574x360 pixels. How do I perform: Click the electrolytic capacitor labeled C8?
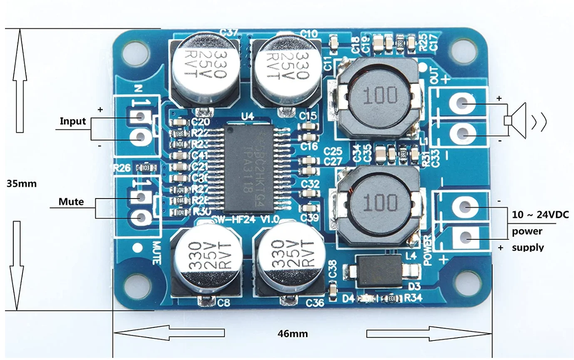(x=206, y=260)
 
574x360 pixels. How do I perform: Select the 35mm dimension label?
(x=22, y=184)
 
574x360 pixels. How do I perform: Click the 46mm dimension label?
(x=293, y=333)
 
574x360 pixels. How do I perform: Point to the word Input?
(x=72, y=121)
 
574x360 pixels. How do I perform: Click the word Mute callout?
(x=71, y=202)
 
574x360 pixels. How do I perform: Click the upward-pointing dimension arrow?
(x=20, y=83)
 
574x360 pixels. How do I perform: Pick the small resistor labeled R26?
(x=147, y=167)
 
